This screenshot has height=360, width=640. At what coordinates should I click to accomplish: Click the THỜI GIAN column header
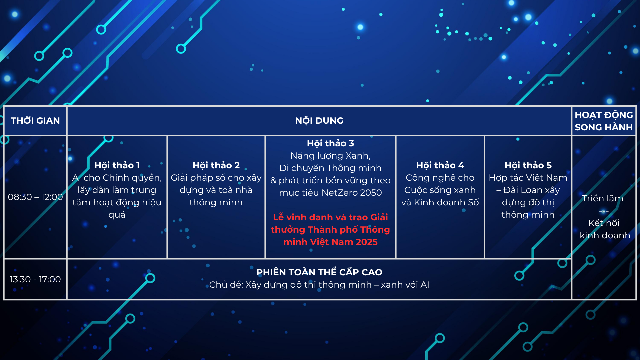coord(35,121)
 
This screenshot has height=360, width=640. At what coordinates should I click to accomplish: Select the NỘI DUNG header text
coord(319,121)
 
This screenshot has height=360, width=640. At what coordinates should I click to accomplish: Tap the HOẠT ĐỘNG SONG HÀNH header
coord(604,121)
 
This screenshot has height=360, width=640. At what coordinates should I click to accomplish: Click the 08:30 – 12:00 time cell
coord(35,197)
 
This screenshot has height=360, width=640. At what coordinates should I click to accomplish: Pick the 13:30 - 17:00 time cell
coord(35,279)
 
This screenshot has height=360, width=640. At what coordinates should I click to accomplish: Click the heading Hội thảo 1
coord(117,165)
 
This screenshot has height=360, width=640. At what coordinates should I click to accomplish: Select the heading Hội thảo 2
coord(216,165)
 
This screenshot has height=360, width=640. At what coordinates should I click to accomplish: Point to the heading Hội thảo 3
coord(330,143)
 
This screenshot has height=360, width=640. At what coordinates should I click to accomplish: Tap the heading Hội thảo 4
coord(440,165)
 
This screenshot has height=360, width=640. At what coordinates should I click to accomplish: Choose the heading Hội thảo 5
coord(528,165)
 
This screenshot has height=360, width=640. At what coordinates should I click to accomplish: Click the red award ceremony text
coord(330,230)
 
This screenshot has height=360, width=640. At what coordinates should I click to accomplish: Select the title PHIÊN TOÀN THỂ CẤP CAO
coord(319,272)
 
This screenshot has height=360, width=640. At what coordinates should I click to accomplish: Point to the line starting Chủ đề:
coord(319,285)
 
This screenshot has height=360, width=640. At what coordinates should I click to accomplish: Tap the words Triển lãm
coord(603,198)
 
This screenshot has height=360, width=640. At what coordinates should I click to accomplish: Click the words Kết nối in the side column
coord(604,223)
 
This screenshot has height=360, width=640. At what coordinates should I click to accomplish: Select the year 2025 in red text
coord(366,242)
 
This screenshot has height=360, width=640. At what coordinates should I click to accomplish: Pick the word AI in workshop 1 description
coord(77,178)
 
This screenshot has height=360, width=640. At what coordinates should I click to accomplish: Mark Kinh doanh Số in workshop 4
coord(446,202)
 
